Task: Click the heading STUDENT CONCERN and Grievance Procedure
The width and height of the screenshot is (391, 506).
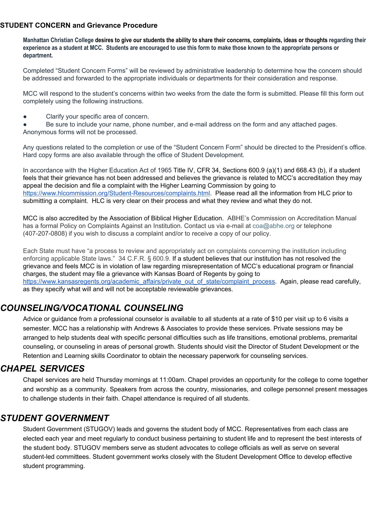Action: (79, 26)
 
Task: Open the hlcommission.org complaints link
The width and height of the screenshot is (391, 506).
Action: (116, 193)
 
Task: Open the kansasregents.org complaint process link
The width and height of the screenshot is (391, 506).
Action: (149, 282)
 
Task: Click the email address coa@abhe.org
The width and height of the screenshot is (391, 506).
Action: (273, 226)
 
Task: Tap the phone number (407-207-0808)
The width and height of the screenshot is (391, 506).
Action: (45, 234)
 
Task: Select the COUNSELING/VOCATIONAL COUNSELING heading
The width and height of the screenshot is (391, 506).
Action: (92, 308)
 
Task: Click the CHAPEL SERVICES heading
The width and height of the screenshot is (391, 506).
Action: (42, 369)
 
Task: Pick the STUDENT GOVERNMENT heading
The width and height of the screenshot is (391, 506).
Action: (55, 418)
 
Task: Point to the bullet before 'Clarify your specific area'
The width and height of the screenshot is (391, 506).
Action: (25, 117)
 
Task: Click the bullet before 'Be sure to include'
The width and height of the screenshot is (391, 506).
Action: (25, 124)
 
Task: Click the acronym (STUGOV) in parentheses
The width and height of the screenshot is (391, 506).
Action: (99, 429)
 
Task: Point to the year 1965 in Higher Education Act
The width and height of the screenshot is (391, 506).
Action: (165, 171)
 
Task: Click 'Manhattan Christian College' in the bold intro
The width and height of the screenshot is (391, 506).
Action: (58, 40)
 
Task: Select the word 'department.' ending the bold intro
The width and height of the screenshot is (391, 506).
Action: (38, 56)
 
